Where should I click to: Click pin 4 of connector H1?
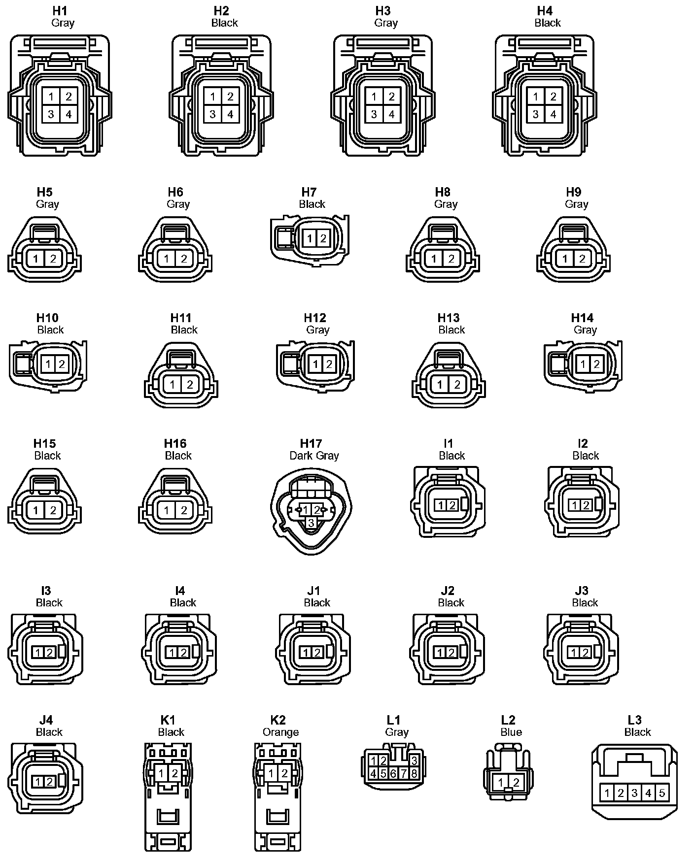69,115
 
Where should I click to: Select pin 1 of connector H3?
374,97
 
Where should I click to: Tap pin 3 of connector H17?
311,523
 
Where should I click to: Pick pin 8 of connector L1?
414,773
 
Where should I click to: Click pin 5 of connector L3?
662,793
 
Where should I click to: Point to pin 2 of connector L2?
516,782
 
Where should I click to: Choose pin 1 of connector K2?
271,774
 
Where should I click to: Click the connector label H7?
309,192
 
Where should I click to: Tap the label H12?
315,318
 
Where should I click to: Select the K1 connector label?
168,720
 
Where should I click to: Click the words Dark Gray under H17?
314,456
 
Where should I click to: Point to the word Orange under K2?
280,732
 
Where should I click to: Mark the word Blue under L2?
511,732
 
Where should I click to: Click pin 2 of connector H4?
553,97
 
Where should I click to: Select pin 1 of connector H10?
48,364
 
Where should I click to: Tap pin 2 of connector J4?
50,782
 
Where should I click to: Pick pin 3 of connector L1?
414,761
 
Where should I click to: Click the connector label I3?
46,591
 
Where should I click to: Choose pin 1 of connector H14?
583,364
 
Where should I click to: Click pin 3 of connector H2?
212,115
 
